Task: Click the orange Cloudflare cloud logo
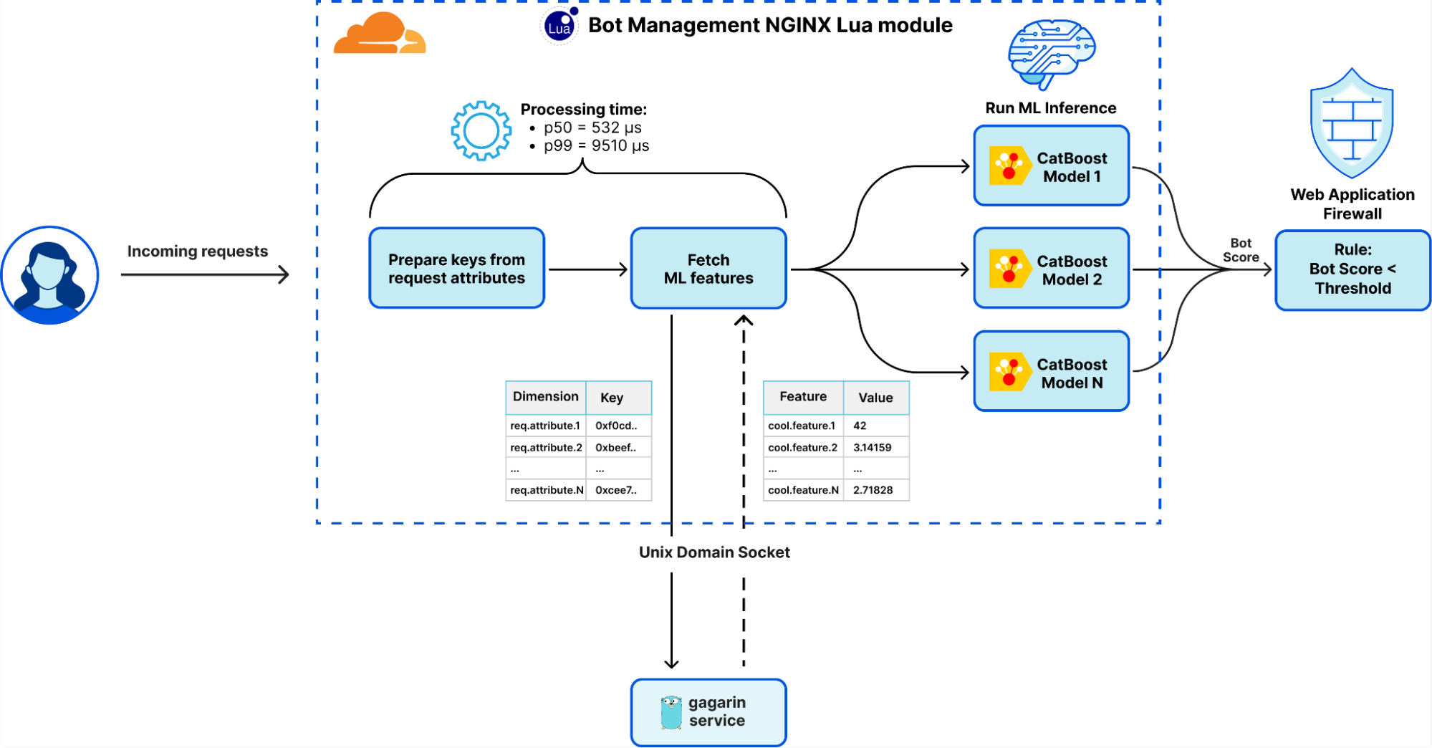[x=379, y=34]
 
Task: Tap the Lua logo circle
[x=559, y=27]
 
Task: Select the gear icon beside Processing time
[x=481, y=130]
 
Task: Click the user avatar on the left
[x=49, y=275]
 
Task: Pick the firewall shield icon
[x=1352, y=125]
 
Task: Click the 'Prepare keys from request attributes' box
[x=456, y=269]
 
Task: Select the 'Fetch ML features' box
[x=708, y=269]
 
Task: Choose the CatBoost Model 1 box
[x=1051, y=166]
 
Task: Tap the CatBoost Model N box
[x=1051, y=372]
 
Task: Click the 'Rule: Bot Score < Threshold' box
[x=1352, y=269]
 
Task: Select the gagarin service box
[x=708, y=712]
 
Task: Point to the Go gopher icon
[x=671, y=712]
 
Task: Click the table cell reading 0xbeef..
[x=616, y=448]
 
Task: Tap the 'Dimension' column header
[x=545, y=397]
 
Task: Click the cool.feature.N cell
[x=803, y=490]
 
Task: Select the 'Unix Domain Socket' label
[x=714, y=552]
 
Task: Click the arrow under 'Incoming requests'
[x=205, y=274]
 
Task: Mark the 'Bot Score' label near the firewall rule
[x=1241, y=250]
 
